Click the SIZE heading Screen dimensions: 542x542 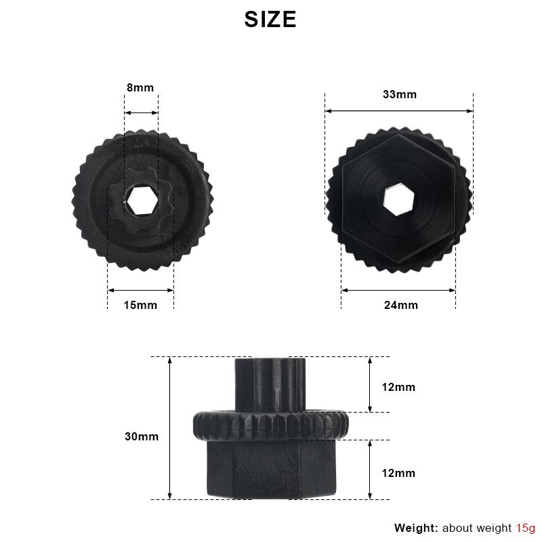[x=270, y=20]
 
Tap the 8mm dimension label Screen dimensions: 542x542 [x=140, y=87]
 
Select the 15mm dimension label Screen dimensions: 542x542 [x=140, y=305]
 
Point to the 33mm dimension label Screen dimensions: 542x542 [x=400, y=94]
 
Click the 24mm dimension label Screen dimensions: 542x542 [x=401, y=305]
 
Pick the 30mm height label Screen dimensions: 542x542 [x=142, y=436]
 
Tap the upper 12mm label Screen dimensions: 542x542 [x=398, y=388]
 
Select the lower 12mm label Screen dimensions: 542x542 [x=398, y=473]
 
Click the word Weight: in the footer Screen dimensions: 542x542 [x=416, y=528]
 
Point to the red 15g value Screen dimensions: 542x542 [x=526, y=528]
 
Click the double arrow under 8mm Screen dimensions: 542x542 [x=141, y=113]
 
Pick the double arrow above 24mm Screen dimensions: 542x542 [x=398, y=290]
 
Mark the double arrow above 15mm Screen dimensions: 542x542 [x=141, y=291]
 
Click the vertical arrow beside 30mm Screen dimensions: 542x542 [x=170, y=428]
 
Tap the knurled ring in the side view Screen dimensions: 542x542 [x=272, y=425]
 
